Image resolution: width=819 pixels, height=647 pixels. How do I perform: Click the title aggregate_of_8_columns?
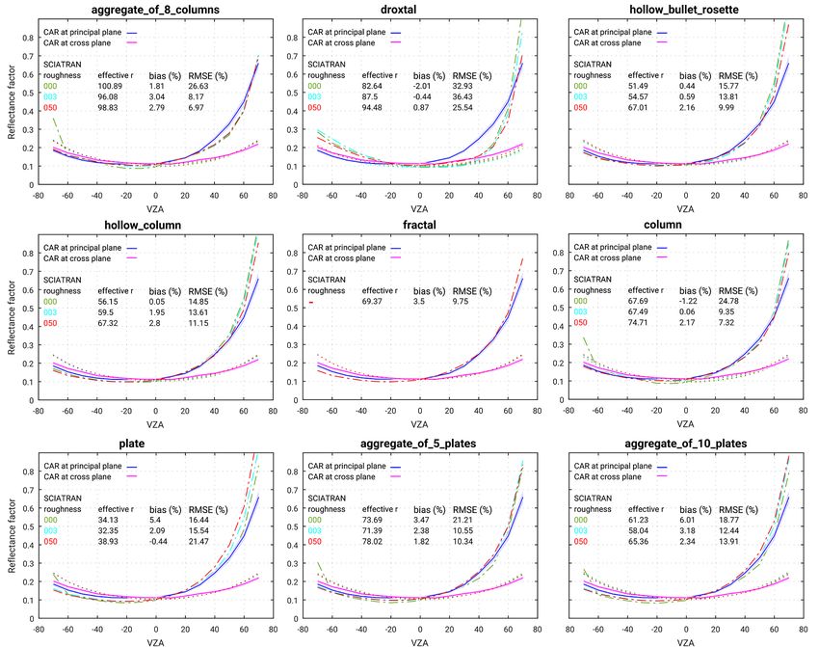coord(154,10)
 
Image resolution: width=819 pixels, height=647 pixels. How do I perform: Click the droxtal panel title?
coord(420,10)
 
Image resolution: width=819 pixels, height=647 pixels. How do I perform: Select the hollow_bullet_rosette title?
coord(686,10)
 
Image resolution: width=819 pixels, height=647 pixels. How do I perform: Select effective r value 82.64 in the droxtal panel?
coord(374,86)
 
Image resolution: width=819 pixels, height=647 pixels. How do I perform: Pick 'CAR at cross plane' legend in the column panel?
coord(620,258)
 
